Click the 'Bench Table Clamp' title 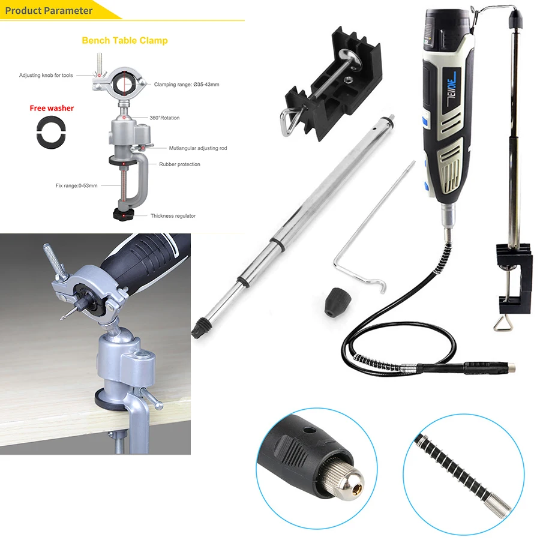tap(124, 41)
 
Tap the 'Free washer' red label tap(52, 109)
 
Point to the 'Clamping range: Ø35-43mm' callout tap(186, 85)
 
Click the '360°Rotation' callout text tap(165, 118)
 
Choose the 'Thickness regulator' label tap(173, 215)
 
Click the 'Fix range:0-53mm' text tap(75, 185)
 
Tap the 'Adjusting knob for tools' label tap(46, 76)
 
